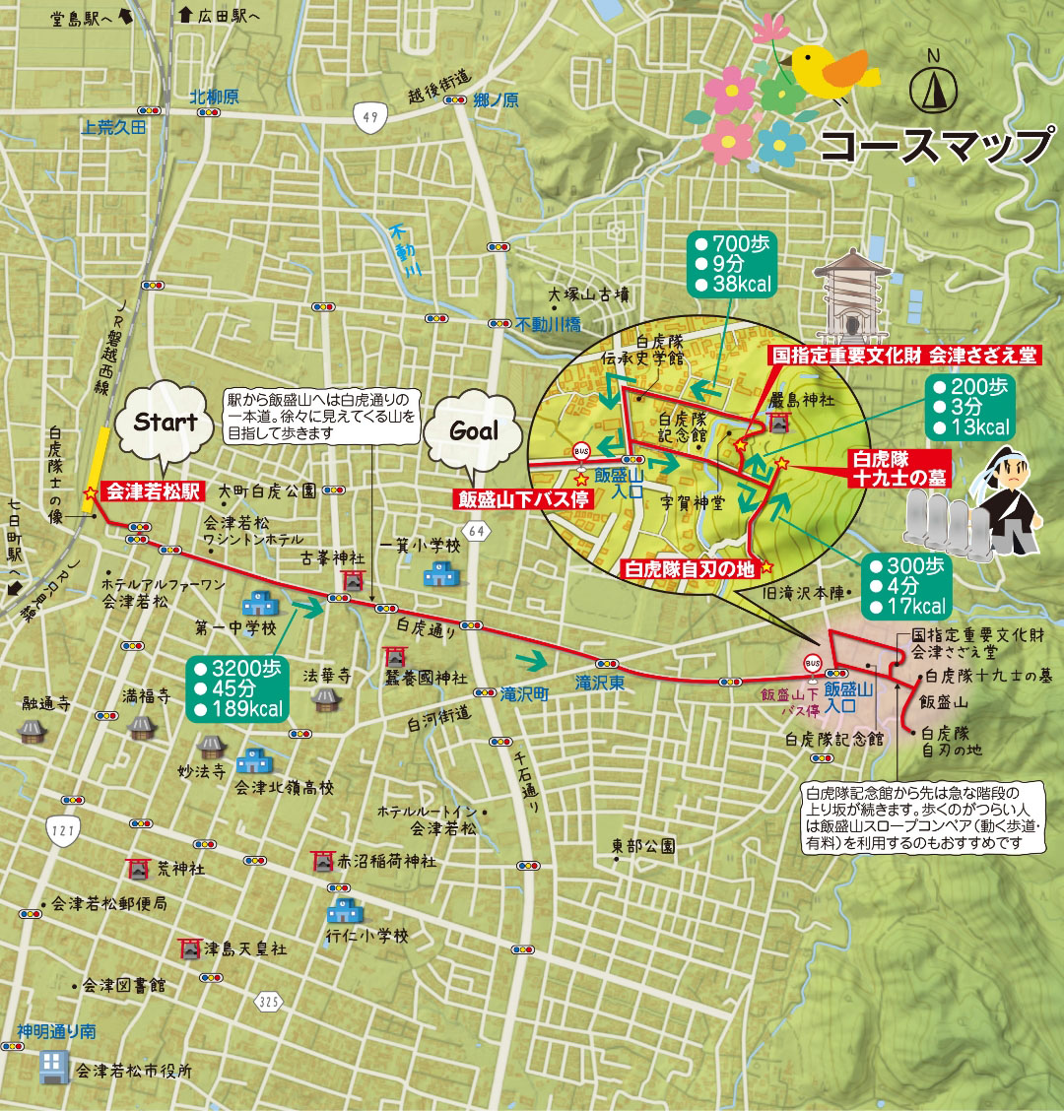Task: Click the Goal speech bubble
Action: [x=474, y=432]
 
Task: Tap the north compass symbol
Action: [x=933, y=90]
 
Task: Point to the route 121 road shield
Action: [x=62, y=831]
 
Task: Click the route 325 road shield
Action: [x=267, y=1002]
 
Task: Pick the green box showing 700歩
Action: [x=732, y=264]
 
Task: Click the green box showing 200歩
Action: [x=968, y=407]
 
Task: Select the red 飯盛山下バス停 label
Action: [x=522, y=499]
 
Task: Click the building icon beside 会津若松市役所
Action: [x=51, y=1068]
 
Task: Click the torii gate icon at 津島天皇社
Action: [x=189, y=949]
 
